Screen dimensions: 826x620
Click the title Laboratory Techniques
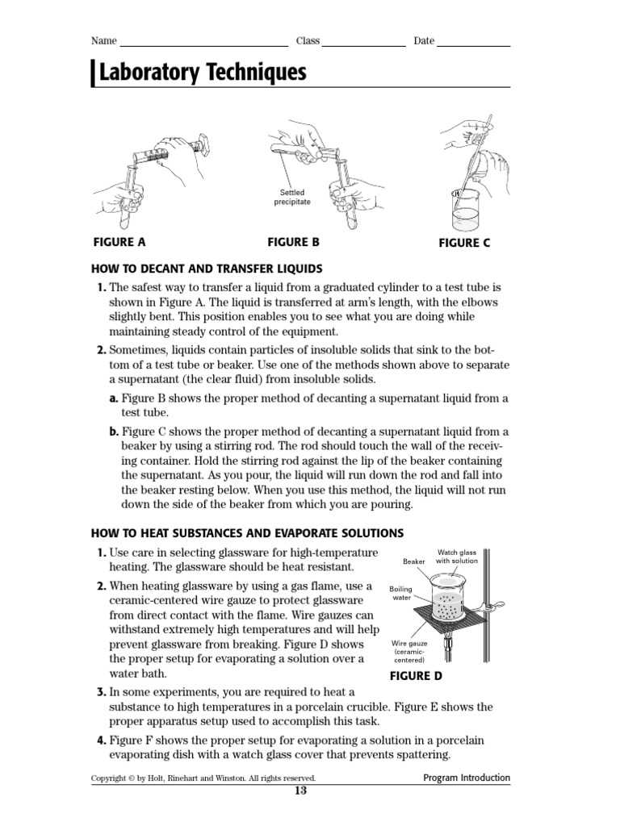click(x=202, y=73)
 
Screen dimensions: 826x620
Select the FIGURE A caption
click(x=119, y=241)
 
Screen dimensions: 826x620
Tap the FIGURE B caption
click(x=294, y=241)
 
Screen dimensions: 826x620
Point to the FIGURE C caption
click(x=464, y=243)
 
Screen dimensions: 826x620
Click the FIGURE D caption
click(x=416, y=676)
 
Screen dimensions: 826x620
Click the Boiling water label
click(x=401, y=593)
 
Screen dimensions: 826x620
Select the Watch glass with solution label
click(x=457, y=557)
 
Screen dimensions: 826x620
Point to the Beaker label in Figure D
click(x=413, y=561)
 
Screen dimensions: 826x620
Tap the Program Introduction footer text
click(x=467, y=778)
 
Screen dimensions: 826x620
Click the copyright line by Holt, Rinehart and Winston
click(x=203, y=778)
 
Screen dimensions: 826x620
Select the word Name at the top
click(x=104, y=41)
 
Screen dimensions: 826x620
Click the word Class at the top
click(x=308, y=41)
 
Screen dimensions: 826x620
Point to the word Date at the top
click(x=424, y=41)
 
